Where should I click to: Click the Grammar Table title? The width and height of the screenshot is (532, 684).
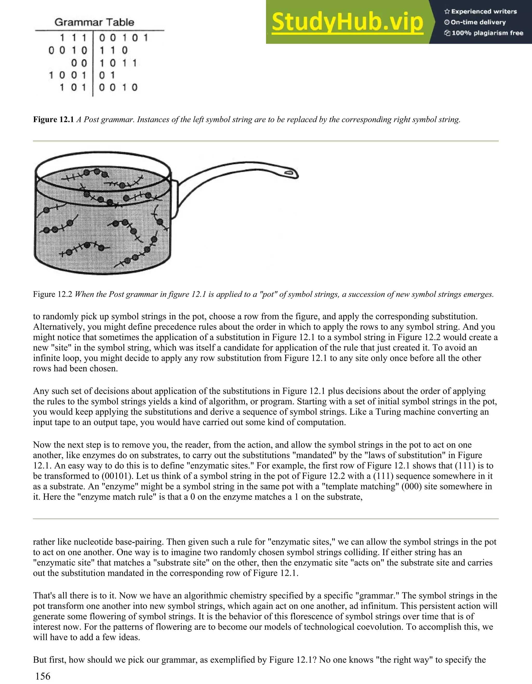pyautogui.click(x=94, y=22)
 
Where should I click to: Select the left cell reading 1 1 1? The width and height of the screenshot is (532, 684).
pyautogui.click(x=73, y=38)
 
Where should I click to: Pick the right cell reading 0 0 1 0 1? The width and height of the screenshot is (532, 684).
pyautogui.click(x=123, y=38)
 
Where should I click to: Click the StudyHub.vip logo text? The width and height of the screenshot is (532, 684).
pyautogui.click(x=347, y=22)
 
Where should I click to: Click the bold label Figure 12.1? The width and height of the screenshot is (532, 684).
pyautogui.click(x=53, y=120)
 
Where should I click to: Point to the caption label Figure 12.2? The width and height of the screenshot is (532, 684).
pyautogui.click(x=53, y=294)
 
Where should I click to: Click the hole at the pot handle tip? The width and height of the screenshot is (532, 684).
pyautogui.click(x=289, y=172)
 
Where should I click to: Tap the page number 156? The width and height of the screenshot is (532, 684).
pyautogui.click(x=43, y=676)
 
